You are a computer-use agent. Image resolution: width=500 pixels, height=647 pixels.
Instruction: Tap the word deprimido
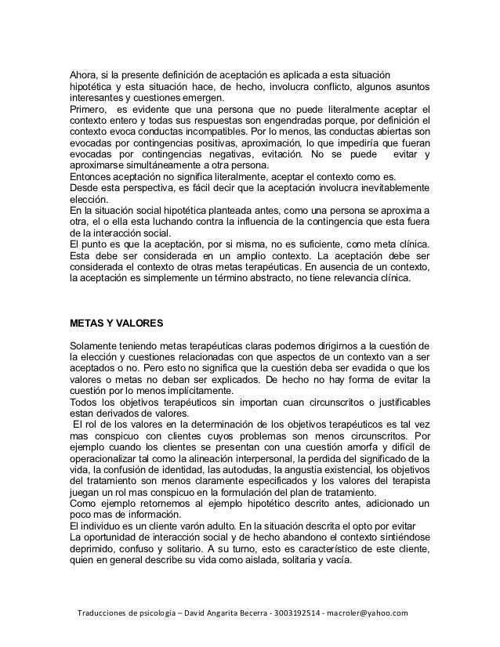92,557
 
